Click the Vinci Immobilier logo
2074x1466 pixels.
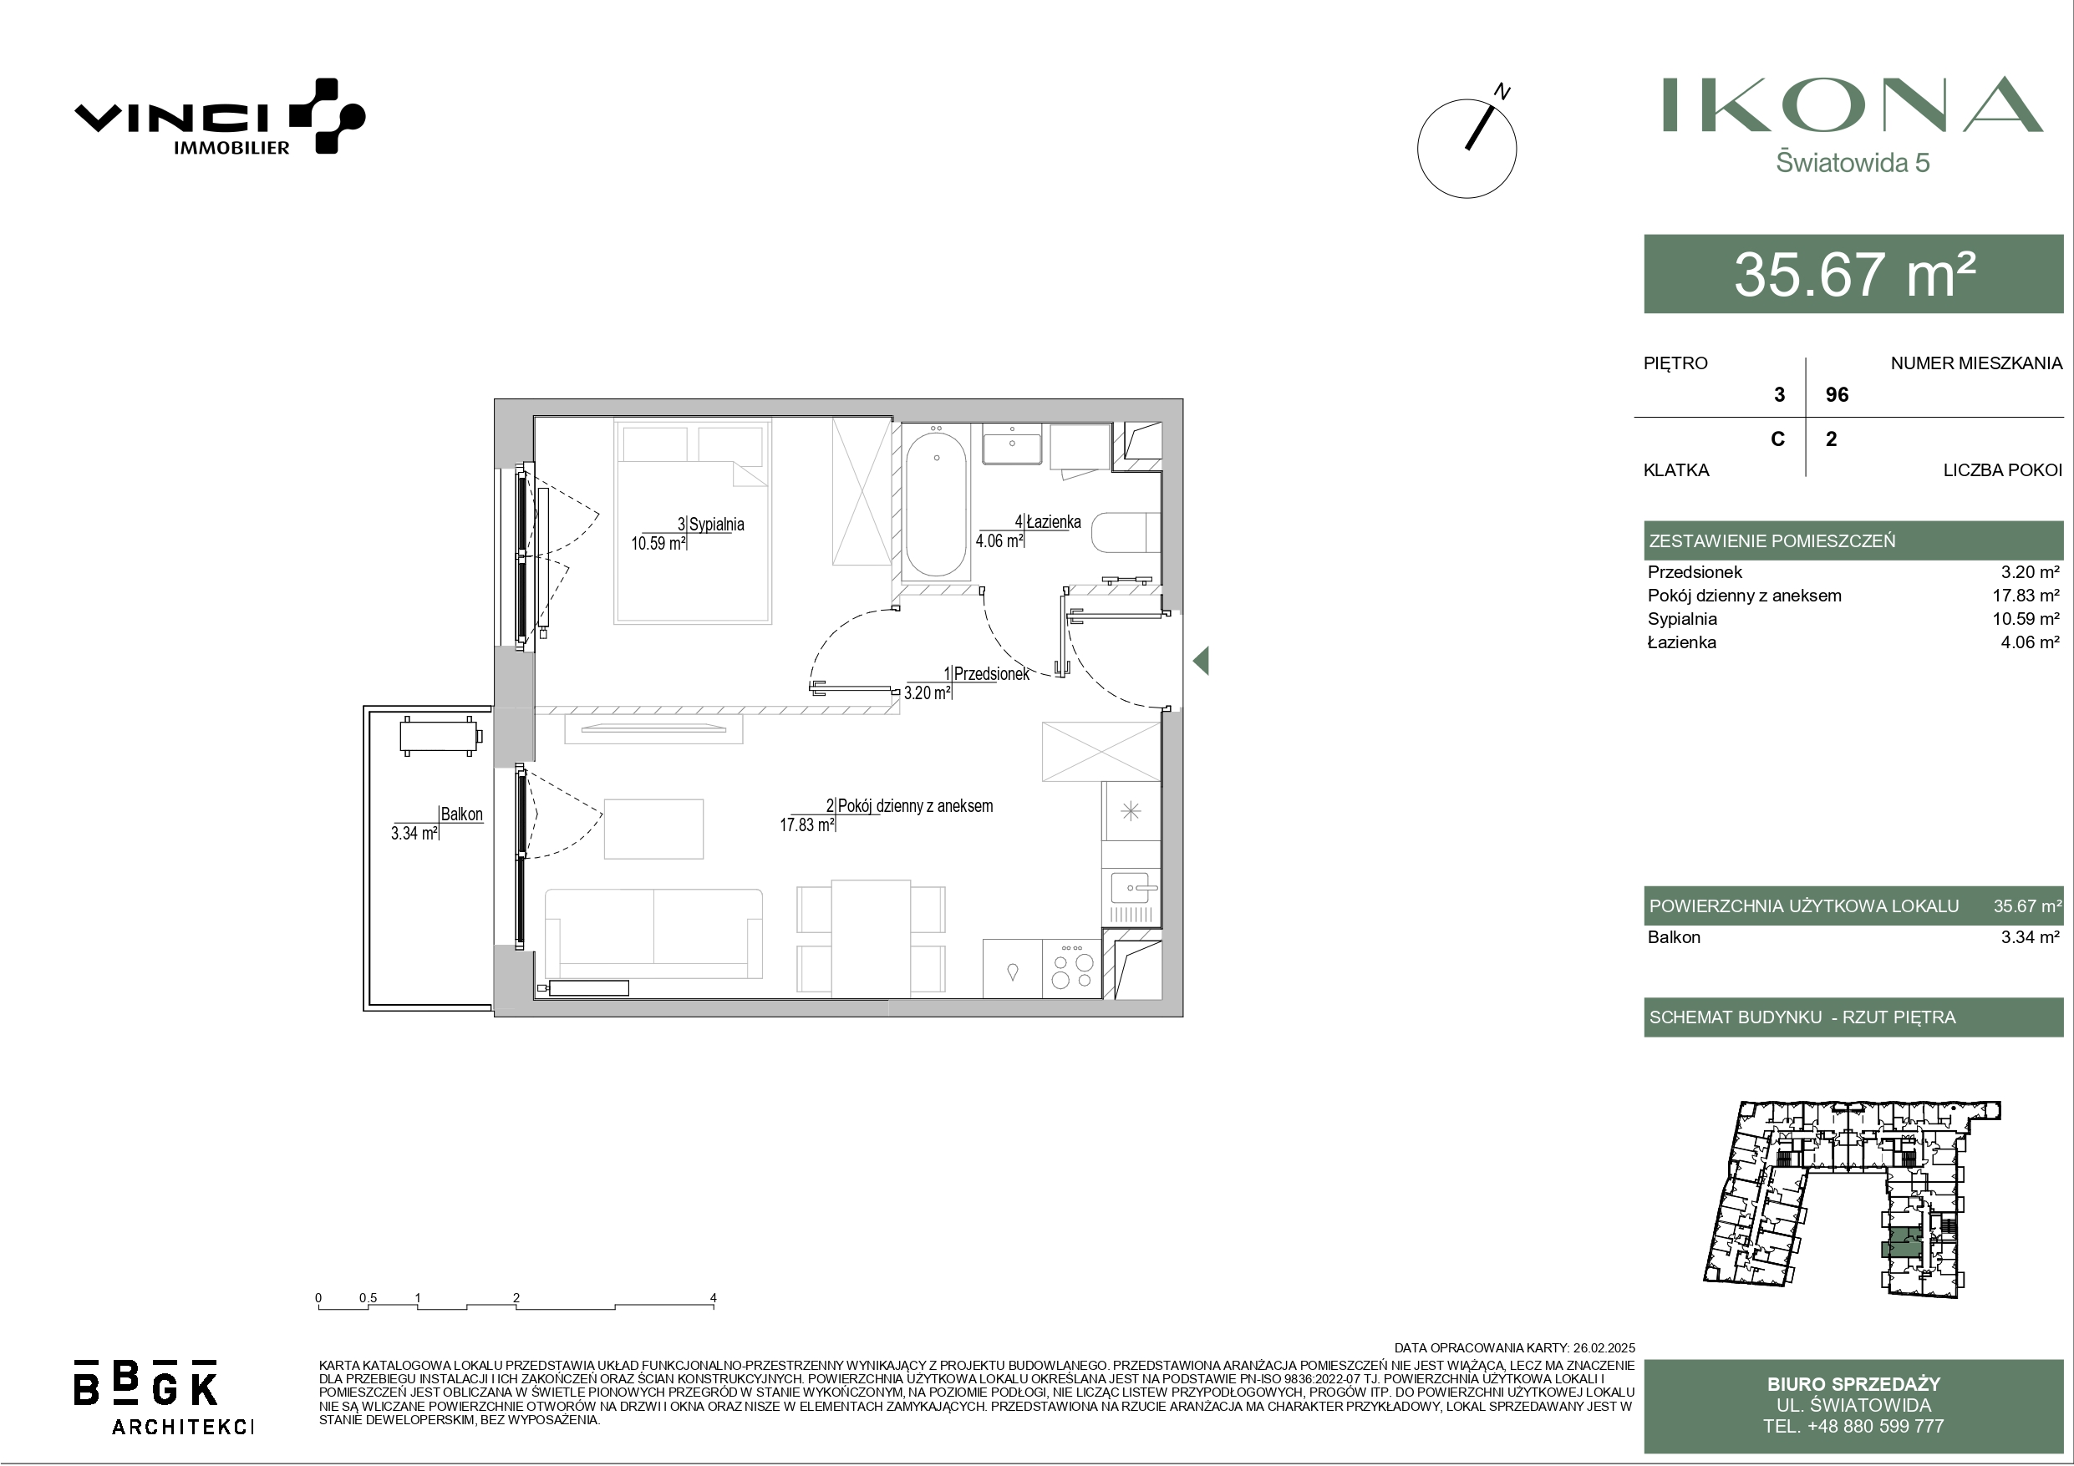point(220,116)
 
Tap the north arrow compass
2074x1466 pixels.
point(1467,147)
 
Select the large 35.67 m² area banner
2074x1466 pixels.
point(1853,274)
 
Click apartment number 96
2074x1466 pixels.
point(1838,395)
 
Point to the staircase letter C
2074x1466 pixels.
point(1777,439)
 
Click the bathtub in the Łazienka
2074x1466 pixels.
point(936,504)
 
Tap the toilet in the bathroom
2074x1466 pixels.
point(1126,533)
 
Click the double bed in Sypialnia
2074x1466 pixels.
point(693,521)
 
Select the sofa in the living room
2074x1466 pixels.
point(653,932)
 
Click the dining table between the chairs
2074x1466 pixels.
point(871,939)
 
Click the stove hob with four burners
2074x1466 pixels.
point(1072,968)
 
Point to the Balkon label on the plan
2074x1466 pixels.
point(461,814)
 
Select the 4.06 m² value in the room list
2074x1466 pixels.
point(2030,642)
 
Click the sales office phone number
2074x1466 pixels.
point(1853,1426)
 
